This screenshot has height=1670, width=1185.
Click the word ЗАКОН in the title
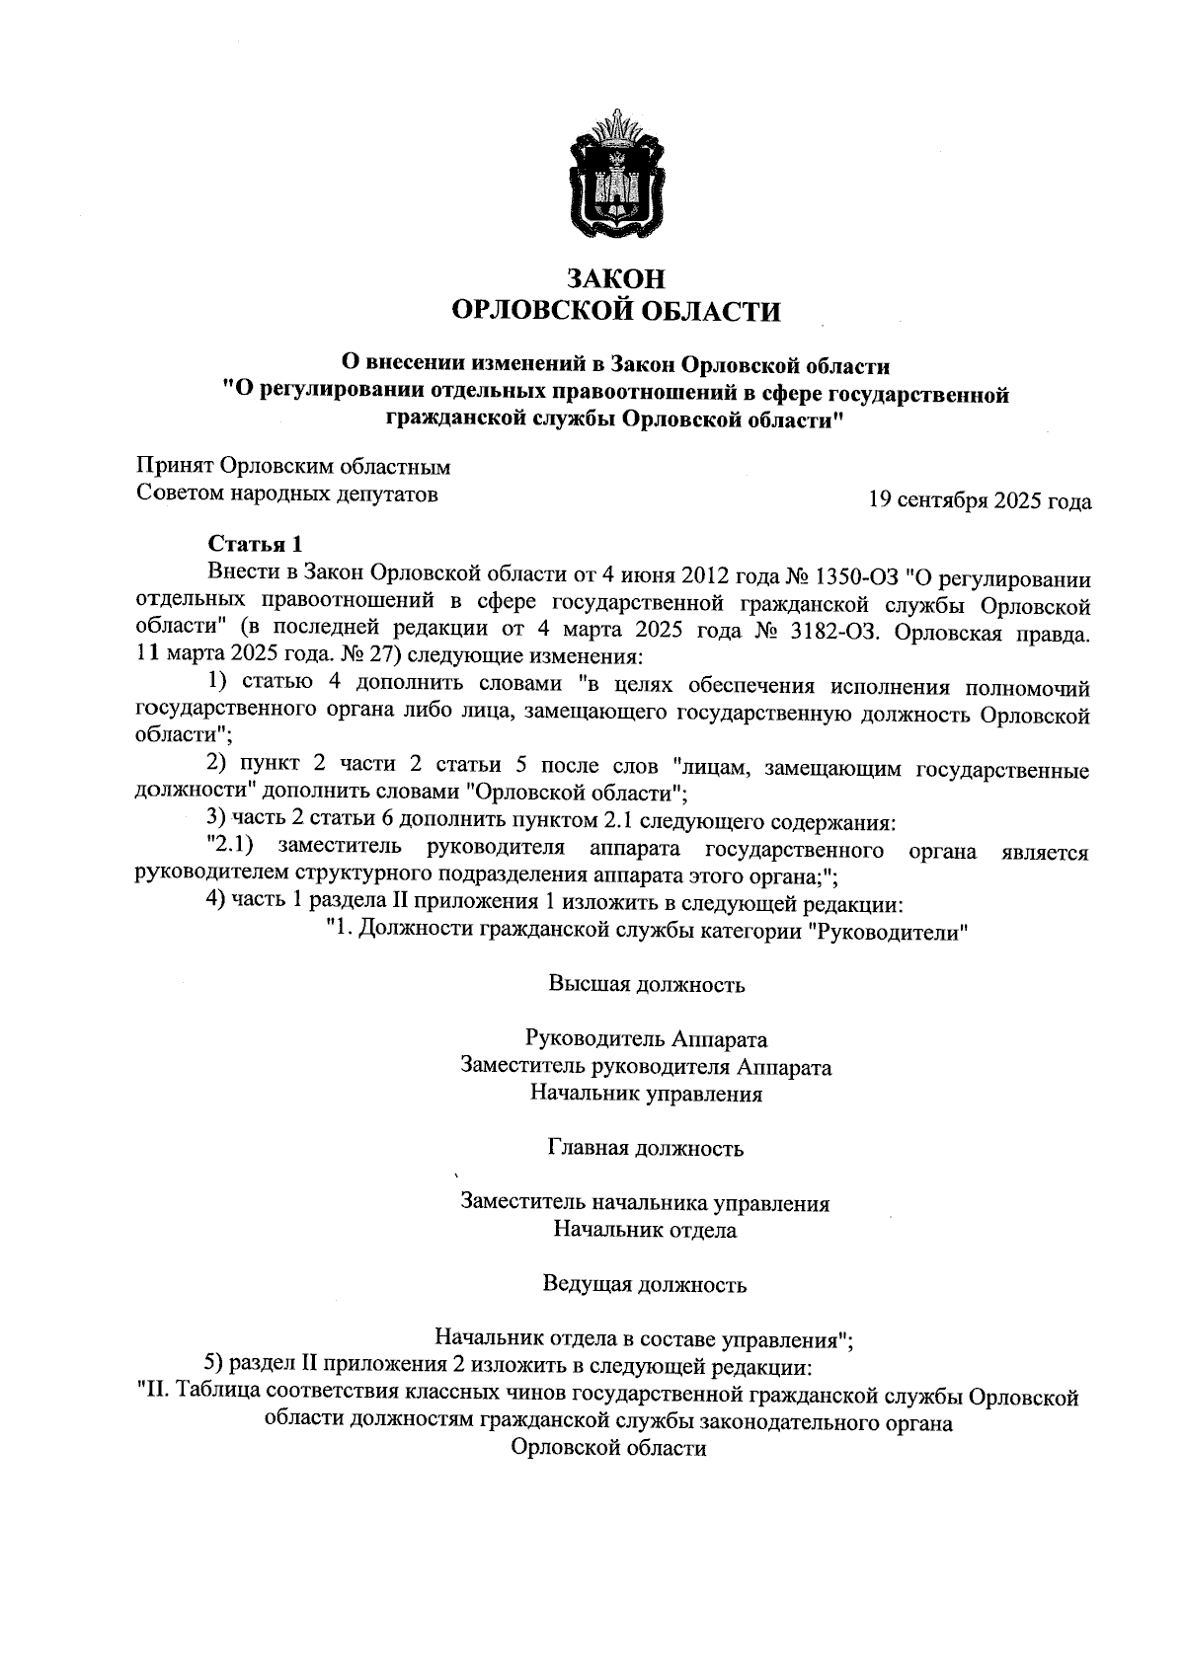614,279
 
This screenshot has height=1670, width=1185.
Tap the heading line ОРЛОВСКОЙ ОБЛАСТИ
614,312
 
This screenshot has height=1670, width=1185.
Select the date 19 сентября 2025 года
979,501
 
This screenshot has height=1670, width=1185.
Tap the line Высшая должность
646,984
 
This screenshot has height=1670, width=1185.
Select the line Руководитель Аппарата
646,1039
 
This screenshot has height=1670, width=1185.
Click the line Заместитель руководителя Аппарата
646,1067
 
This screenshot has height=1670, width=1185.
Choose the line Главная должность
646,1148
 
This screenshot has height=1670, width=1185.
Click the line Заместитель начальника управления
646,1203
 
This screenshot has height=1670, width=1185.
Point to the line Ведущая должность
646,1284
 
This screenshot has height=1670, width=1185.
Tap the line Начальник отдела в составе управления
642,1339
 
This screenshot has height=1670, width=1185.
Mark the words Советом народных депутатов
286,493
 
